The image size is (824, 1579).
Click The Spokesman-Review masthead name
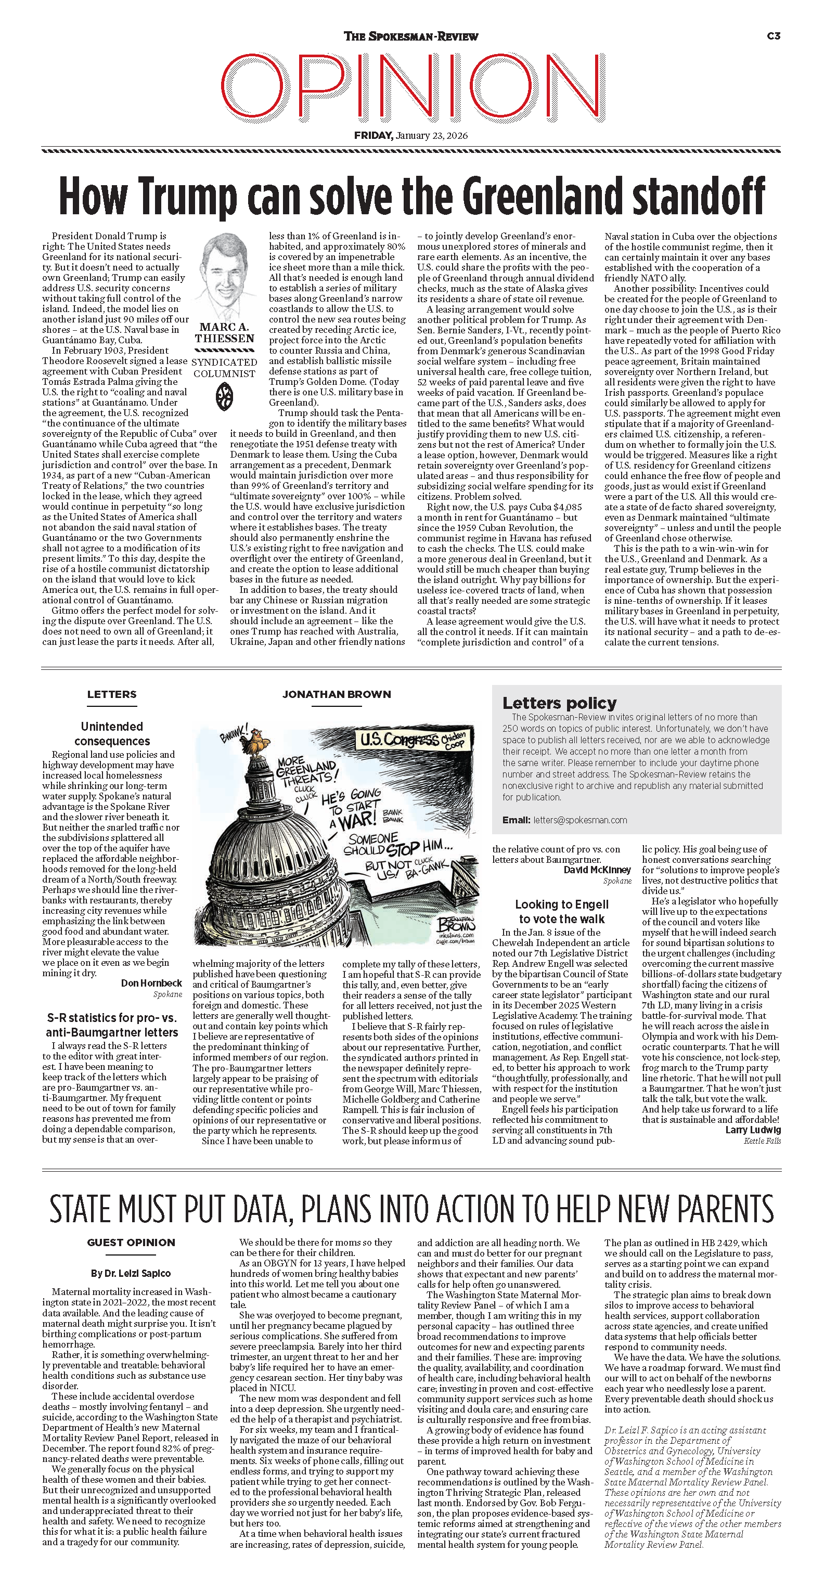[411, 37]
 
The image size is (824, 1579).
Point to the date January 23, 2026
[431, 135]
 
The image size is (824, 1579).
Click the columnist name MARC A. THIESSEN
[224, 333]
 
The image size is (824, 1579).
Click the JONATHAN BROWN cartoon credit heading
[337, 694]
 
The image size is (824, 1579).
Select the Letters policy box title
[559, 703]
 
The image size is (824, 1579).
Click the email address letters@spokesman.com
[580, 820]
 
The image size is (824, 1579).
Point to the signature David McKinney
[597, 870]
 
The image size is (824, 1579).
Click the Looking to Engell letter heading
[562, 912]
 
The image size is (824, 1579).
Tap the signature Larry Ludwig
[753, 1130]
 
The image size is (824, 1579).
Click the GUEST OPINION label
[131, 1243]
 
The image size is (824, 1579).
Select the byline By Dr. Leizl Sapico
[131, 1273]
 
